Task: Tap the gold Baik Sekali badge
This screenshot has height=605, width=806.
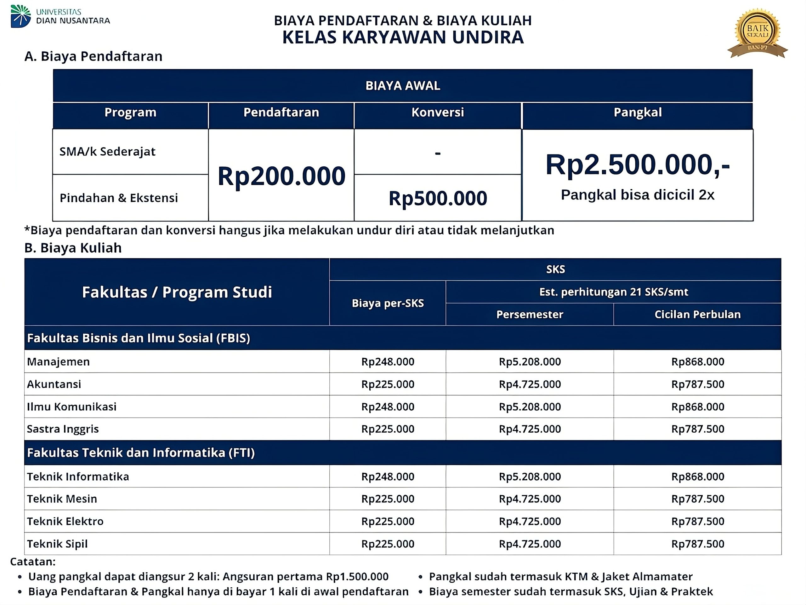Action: [x=758, y=32]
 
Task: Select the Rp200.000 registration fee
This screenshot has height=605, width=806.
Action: [x=281, y=176]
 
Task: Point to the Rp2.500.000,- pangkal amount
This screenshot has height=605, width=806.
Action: [x=637, y=165]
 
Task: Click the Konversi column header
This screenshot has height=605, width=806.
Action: [x=438, y=112]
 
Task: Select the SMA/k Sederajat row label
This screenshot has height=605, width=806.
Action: [x=107, y=151]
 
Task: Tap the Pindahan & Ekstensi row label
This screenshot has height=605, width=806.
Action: [x=119, y=198]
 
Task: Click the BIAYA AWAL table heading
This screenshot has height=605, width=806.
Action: [x=403, y=86]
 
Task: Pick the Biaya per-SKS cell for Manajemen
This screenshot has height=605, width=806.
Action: [x=388, y=361]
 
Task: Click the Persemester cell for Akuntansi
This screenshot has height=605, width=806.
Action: [x=530, y=384]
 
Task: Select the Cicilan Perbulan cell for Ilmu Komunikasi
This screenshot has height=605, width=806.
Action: [x=697, y=406]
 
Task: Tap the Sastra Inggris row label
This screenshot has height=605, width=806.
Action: [x=63, y=429]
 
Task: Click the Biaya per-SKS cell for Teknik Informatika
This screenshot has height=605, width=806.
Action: [x=388, y=476]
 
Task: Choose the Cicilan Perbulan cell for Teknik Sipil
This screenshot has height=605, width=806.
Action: [x=697, y=544]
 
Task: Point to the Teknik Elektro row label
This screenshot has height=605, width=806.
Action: [x=65, y=521]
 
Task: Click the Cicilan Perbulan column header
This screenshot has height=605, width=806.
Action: [x=697, y=314]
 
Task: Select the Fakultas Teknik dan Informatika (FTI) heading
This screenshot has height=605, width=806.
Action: [x=141, y=452]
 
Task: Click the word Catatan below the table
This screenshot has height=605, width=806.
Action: [x=33, y=562]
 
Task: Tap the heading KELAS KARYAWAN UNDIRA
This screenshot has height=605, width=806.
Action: [x=403, y=37]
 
